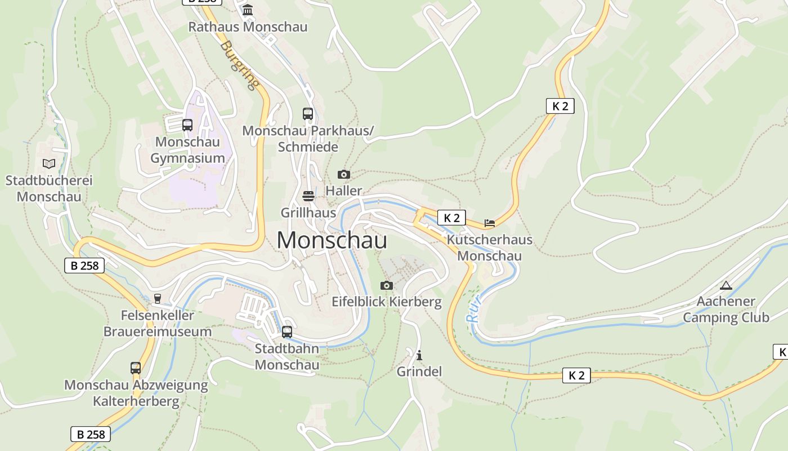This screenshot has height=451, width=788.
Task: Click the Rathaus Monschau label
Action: click(x=248, y=26)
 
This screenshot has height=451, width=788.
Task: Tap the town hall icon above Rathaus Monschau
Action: click(x=248, y=10)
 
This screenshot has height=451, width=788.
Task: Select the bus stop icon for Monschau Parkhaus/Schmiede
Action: click(x=307, y=113)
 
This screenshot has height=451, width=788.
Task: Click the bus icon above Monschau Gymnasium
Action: click(x=187, y=125)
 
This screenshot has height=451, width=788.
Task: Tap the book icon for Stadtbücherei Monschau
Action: click(x=49, y=163)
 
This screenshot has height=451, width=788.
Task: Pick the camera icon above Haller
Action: click(x=343, y=174)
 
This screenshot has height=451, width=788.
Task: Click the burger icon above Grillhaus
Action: click(x=308, y=196)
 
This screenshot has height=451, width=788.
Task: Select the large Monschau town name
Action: click(x=332, y=241)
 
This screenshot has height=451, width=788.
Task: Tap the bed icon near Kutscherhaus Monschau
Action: click(x=489, y=223)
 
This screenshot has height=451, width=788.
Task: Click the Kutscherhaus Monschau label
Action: click(x=489, y=247)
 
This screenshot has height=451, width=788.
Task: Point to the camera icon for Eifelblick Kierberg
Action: click(x=386, y=285)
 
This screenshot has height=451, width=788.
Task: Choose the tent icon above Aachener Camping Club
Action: click(x=726, y=285)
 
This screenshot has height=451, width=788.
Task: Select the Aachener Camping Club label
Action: click(x=726, y=309)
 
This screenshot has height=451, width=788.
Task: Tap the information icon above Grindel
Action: click(x=419, y=355)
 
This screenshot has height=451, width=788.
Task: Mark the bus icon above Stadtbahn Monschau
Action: click(x=287, y=331)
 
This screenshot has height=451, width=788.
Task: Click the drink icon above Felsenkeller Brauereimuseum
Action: click(x=158, y=298)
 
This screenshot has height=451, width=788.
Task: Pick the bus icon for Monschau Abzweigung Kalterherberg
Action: click(x=136, y=368)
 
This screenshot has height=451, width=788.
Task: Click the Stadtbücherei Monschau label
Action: click(x=49, y=188)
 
